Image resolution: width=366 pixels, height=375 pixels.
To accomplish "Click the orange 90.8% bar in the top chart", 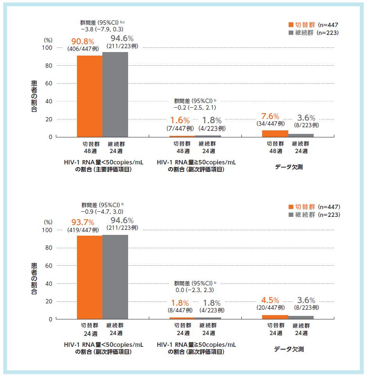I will coord(89,96).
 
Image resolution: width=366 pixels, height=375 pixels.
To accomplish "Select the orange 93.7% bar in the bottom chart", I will coord(89,277).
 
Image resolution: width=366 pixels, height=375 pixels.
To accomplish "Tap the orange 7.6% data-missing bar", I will coord(275,133).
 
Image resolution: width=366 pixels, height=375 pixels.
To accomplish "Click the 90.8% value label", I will coord(82,41).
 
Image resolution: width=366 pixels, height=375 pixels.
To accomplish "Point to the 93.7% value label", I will coord(82,223).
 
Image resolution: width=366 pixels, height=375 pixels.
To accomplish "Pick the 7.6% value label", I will coord(270,116).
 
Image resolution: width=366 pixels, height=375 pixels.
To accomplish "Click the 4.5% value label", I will coord(270,300).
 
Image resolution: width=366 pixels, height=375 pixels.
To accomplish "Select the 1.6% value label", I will coord(180,121).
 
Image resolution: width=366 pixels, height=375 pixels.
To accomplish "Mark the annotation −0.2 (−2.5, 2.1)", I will coord(195,107).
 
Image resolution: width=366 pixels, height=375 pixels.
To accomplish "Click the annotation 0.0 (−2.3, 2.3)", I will coord(195,290).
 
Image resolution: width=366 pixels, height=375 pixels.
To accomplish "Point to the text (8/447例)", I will coord(180,310).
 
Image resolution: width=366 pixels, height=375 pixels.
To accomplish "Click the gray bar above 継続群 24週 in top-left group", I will coord(115,94).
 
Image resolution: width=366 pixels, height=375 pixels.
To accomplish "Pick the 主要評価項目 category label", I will coord(103,169).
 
